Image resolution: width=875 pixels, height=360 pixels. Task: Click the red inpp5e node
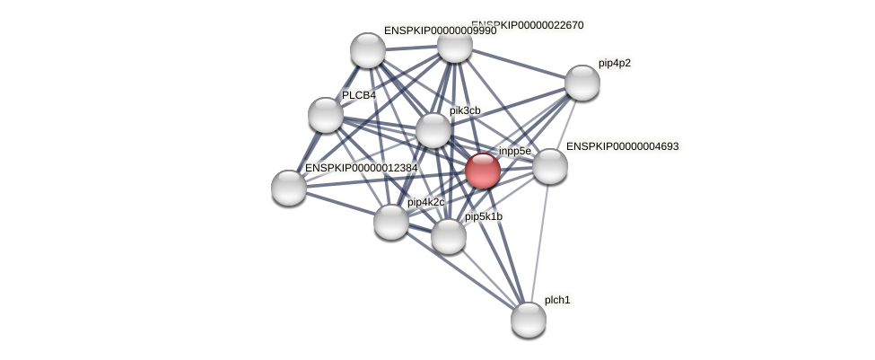pyautogui.click(x=482, y=171)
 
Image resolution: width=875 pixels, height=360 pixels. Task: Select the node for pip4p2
pyautogui.click(x=582, y=83)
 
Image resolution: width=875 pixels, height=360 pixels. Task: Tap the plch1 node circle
pyautogui.click(x=528, y=319)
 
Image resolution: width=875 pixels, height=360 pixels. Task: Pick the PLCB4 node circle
pyautogui.click(x=325, y=115)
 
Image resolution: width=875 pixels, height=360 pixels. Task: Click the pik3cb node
pyautogui.click(x=433, y=130)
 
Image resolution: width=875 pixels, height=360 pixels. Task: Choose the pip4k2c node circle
pyautogui.click(x=390, y=221)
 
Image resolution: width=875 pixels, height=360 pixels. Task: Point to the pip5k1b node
pyautogui.click(x=448, y=236)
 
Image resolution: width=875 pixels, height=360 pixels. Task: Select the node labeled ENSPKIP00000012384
pyautogui.click(x=288, y=187)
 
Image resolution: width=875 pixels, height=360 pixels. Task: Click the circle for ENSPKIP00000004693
pyautogui.click(x=549, y=166)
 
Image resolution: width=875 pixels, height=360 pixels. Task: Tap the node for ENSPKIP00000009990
pyautogui.click(x=367, y=50)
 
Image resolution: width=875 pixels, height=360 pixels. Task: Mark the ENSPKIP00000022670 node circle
pyautogui.click(x=454, y=46)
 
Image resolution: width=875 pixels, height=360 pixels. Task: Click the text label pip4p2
pyautogui.click(x=614, y=63)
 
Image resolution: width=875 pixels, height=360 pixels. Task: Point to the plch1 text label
pyautogui.click(x=556, y=300)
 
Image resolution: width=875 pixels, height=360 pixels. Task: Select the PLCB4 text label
pyautogui.click(x=358, y=95)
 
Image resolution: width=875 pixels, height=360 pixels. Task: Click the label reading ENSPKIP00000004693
pyautogui.click(x=622, y=146)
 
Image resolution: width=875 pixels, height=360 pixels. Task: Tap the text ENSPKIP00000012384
pyautogui.click(x=361, y=168)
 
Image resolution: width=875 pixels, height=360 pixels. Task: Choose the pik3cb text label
pyautogui.click(x=465, y=110)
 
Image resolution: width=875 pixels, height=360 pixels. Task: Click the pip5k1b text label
pyautogui.click(x=483, y=216)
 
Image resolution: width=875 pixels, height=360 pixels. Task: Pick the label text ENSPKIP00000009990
pyautogui.click(x=440, y=31)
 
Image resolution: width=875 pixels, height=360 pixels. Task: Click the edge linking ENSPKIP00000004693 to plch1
pyautogui.click(x=538, y=242)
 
